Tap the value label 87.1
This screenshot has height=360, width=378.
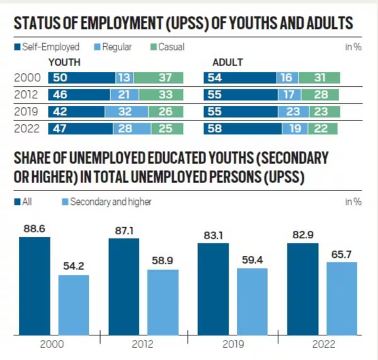coord(123,231)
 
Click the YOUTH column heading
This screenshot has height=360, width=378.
coord(64,62)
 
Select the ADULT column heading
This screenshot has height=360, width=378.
coord(228,62)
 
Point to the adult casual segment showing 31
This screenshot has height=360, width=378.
coord(319,78)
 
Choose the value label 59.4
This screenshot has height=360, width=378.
coord(252,260)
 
